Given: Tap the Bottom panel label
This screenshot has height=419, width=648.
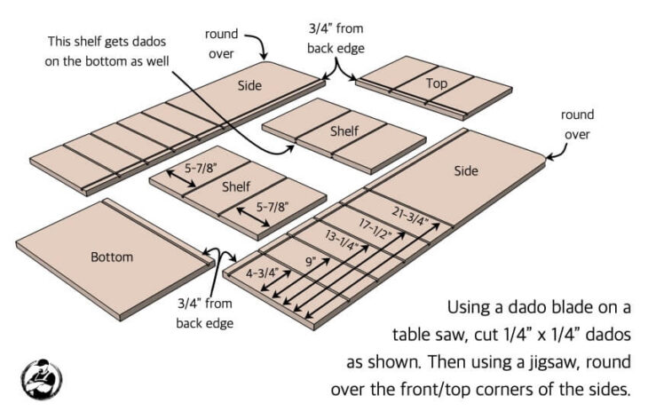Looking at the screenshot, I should pyautogui.click(x=112, y=257).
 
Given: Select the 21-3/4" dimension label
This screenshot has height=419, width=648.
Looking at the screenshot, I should pyautogui.click(x=411, y=212).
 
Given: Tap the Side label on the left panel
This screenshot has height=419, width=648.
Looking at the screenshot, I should pyautogui.click(x=250, y=86).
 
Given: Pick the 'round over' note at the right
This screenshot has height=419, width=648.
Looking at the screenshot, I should pyautogui.click(x=577, y=124).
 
